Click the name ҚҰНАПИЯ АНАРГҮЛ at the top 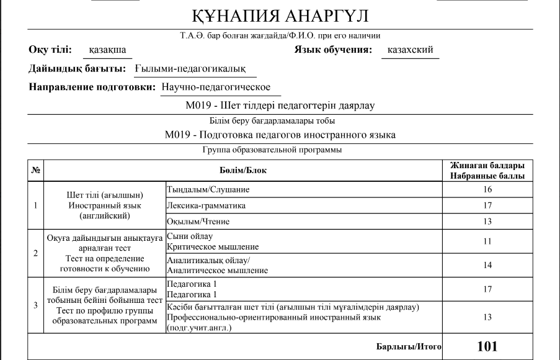point(281,16)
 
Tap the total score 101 point(487,346)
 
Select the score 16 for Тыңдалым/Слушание point(487,189)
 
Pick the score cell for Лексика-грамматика point(487,205)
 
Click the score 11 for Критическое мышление point(487,241)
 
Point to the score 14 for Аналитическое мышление point(487,265)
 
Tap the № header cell point(35,170)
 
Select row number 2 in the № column point(35,253)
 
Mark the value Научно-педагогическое point(216,88)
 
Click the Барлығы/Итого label point(409,347)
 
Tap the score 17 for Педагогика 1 point(487,289)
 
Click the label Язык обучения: point(332,50)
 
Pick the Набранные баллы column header point(487,176)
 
